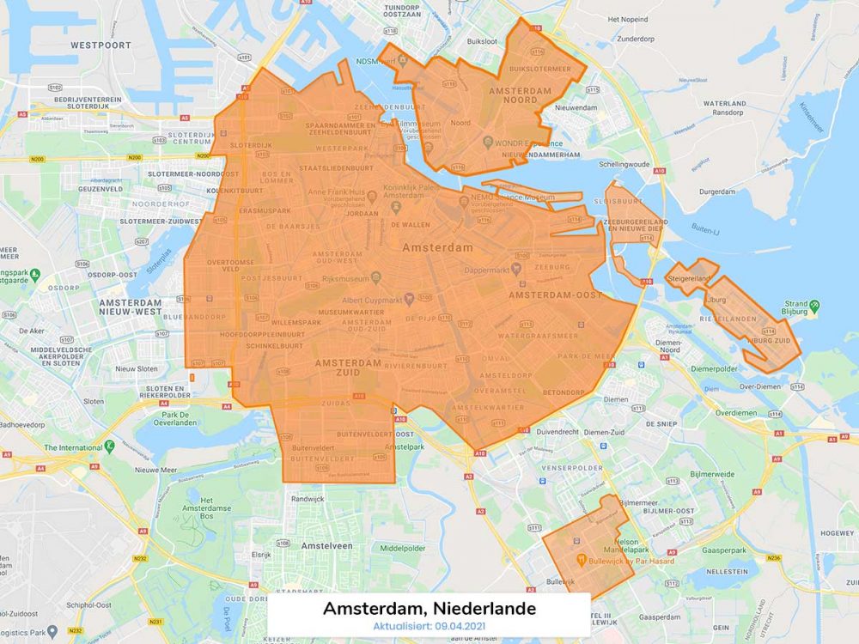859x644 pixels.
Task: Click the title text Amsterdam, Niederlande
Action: (429, 609)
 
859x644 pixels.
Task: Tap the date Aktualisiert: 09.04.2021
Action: (429, 627)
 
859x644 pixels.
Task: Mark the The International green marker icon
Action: (110, 447)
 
